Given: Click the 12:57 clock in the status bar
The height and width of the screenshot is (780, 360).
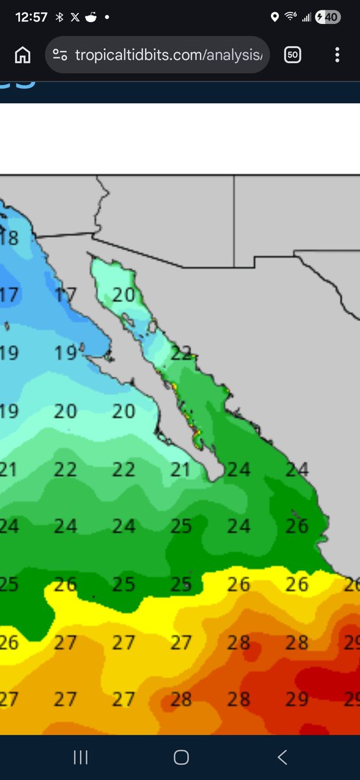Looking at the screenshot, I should pyautogui.click(x=31, y=18).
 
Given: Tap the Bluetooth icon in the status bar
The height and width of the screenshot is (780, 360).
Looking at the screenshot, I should pyautogui.click(x=59, y=18).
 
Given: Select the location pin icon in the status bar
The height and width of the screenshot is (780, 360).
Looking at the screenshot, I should pyautogui.click(x=274, y=18).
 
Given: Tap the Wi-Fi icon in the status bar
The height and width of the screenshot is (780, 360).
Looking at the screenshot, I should pyautogui.click(x=290, y=18).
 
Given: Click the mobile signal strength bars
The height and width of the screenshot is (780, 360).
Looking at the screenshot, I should pyautogui.click(x=306, y=18).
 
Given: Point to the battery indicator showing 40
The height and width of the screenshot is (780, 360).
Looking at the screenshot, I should pyautogui.click(x=327, y=18).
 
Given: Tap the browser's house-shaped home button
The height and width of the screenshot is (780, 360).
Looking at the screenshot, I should pyautogui.click(x=23, y=55).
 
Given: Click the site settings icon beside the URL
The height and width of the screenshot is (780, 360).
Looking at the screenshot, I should pyautogui.click(x=60, y=55).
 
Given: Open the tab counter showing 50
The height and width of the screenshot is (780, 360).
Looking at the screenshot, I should pyautogui.click(x=292, y=55).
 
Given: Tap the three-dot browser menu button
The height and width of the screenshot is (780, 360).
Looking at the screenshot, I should pyautogui.click(x=337, y=55).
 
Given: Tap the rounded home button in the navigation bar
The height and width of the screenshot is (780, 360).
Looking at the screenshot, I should pyautogui.click(x=181, y=757).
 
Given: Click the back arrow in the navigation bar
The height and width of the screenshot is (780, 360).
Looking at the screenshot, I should pyautogui.click(x=281, y=757).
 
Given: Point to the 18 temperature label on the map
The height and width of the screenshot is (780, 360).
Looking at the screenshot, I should pyautogui.click(x=11, y=238).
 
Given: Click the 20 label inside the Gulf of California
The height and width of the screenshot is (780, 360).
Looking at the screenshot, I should pyautogui.click(x=123, y=295).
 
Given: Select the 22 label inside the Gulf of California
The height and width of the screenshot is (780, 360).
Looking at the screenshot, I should pyautogui.click(x=182, y=354).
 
